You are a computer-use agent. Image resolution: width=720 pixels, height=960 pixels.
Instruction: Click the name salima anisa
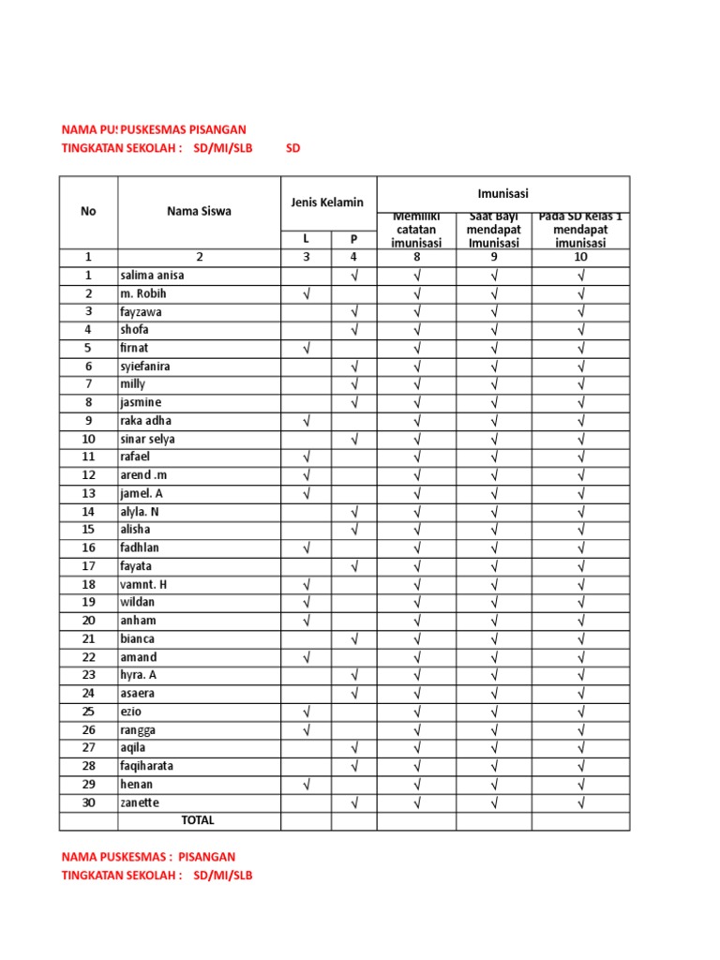coord(151,276)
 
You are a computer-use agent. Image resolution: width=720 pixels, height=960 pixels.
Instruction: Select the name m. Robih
coord(142,293)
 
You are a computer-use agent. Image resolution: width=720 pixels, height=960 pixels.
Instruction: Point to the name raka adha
coord(145,421)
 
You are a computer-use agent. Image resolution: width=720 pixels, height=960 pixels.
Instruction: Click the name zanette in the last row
coord(140,802)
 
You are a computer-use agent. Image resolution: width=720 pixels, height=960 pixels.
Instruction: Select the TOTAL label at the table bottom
coord(198,820)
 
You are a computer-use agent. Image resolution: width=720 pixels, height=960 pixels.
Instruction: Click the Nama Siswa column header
coord(199,211)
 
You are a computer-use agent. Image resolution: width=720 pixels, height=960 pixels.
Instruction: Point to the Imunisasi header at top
coord(502,194)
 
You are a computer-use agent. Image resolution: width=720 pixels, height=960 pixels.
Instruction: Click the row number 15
coord(88,530)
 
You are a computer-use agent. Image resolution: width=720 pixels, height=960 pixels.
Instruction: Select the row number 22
coord(88,657)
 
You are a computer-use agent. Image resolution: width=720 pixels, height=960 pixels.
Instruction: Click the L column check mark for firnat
coord(307,349)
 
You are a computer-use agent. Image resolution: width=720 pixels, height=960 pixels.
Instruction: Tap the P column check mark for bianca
coord(354,639)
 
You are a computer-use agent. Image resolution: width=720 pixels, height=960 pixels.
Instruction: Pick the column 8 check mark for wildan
coord(416,603)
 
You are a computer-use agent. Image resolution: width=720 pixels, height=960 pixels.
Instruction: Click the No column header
coord(88,211)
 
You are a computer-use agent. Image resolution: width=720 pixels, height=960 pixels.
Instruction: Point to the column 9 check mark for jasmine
coord(493,403)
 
